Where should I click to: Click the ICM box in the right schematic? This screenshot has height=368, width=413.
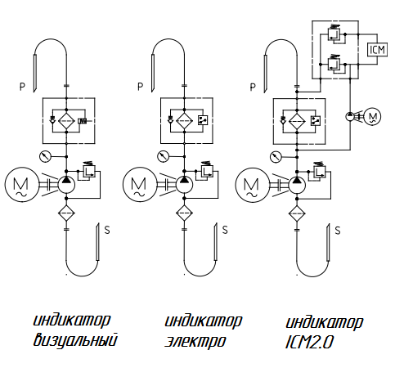[x=377, y=50]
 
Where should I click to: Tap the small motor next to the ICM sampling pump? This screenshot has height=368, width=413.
[x=373, y=117]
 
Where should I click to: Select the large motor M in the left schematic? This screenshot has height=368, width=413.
[x=21, y=185]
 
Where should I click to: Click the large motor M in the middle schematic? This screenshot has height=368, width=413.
[x=139, y=185]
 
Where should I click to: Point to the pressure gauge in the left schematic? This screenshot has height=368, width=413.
[x=45, y=156]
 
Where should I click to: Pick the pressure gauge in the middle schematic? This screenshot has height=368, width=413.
[x=163, y=156]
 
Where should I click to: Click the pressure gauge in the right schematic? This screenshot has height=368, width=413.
[x=276, y=157]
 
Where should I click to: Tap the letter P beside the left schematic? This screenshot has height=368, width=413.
[x=22, y=87]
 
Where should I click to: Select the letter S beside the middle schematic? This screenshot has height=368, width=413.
[x=225, y=230]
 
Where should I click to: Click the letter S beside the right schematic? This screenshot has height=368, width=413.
[x=338, y=231]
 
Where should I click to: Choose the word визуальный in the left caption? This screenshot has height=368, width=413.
[x=75, y=340]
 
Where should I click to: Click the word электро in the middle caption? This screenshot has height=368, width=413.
[x=195, y=341]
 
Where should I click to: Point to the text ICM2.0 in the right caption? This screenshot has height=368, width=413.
[x=309, y=342]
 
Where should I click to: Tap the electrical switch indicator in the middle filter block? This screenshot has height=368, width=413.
[x=203, y=120]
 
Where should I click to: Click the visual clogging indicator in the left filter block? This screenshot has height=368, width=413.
[x=83, y=121]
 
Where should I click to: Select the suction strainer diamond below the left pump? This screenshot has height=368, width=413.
[x=66, y=213]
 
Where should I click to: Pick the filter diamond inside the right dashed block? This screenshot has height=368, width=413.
[x=297, y=121]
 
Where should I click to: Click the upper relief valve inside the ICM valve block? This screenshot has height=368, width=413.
[x=334, y=34]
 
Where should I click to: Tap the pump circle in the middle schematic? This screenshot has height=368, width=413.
[x=184, y=185]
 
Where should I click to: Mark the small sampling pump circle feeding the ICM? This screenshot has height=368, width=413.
[x=350, y=117]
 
